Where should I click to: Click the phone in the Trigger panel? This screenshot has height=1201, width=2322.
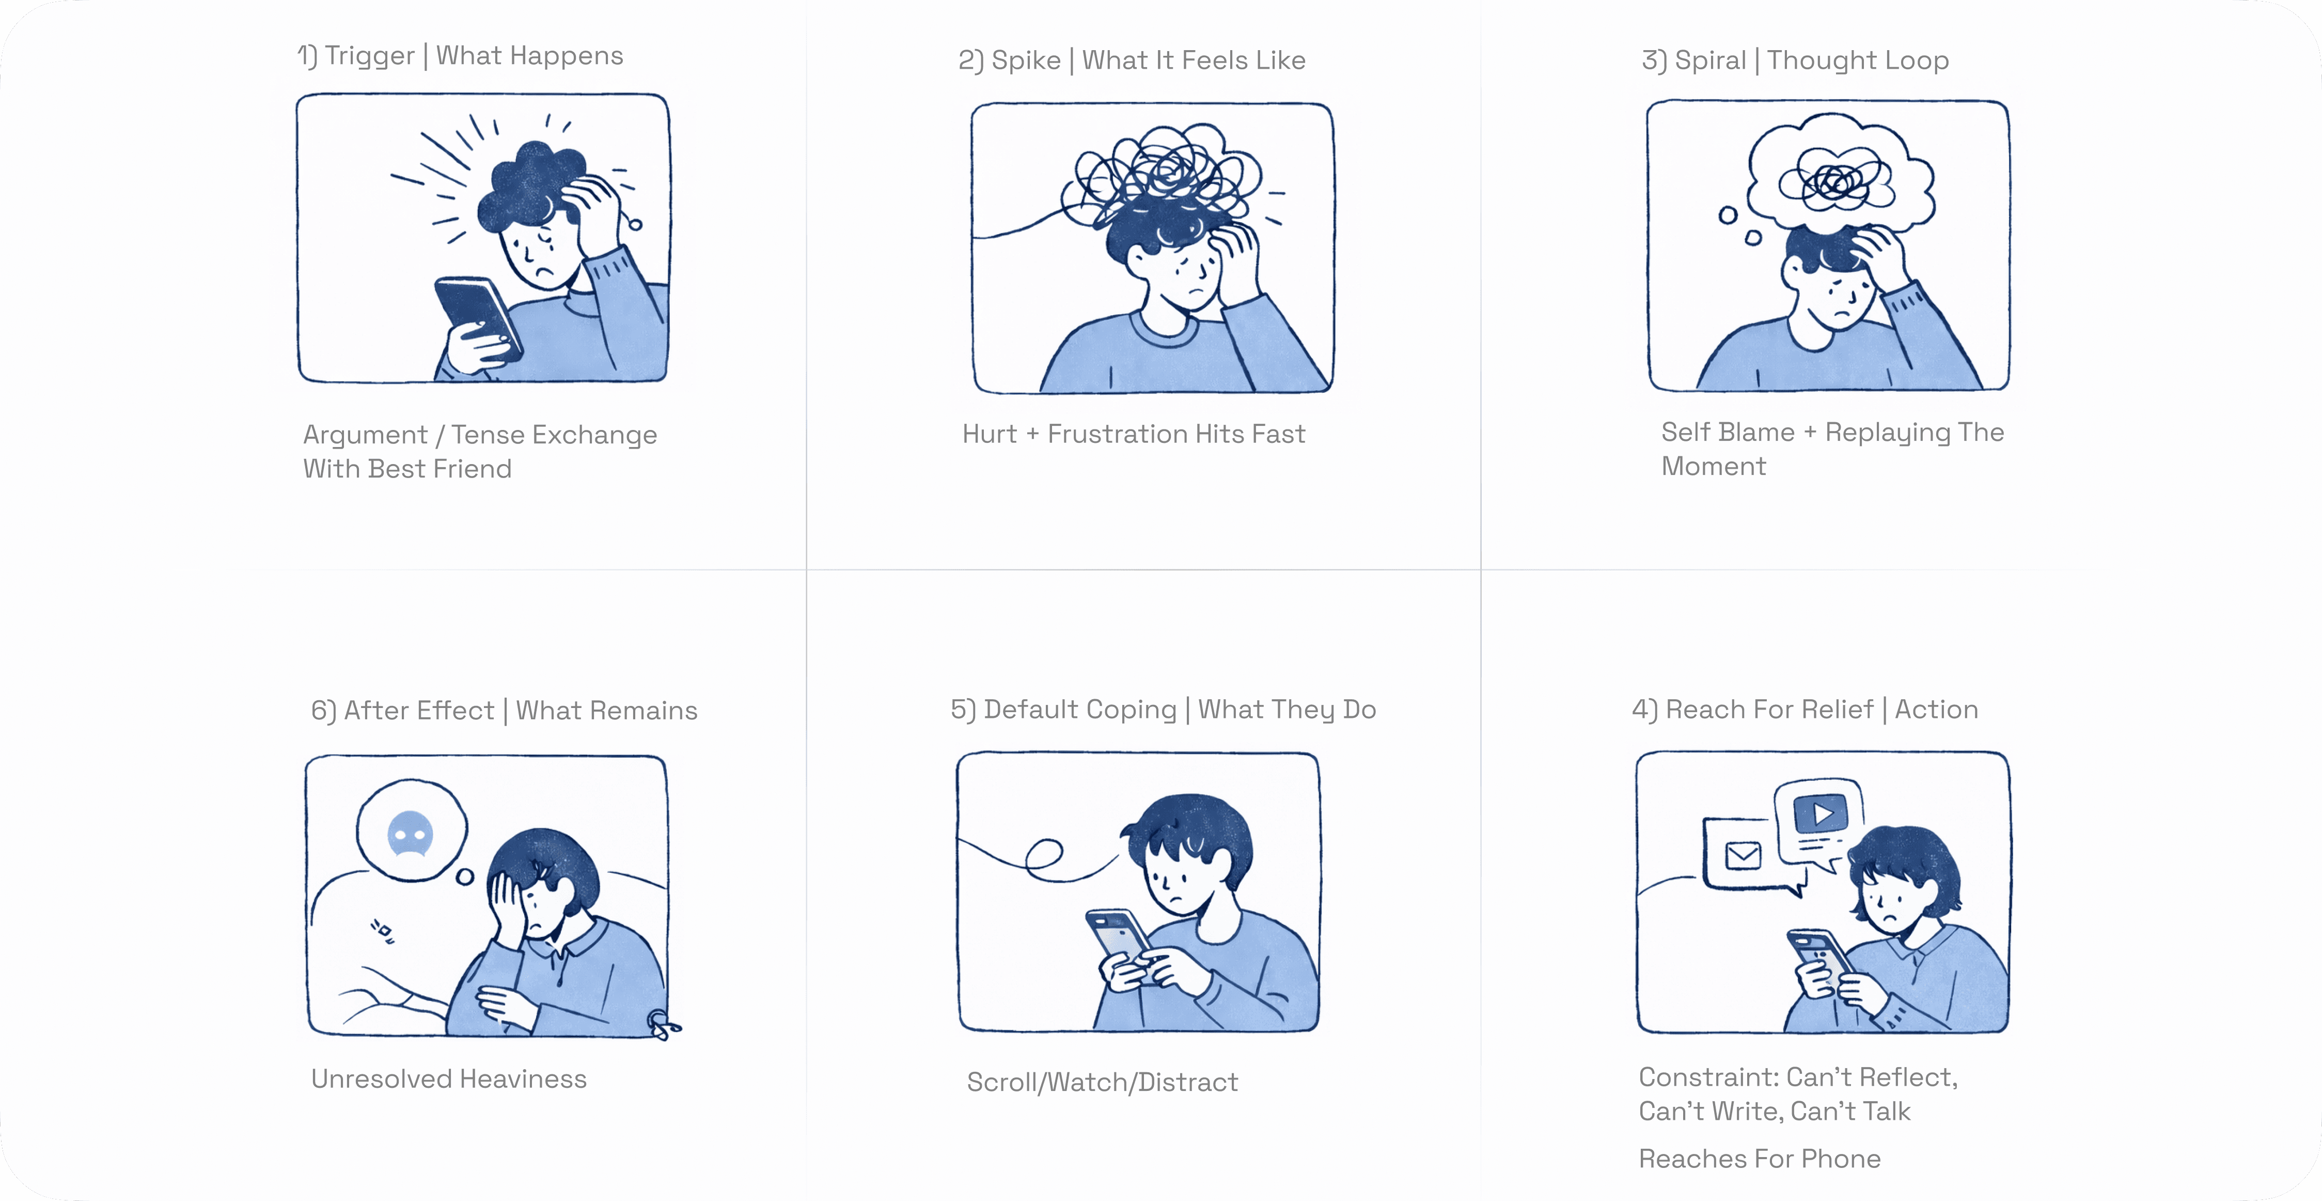(x=478, y=317)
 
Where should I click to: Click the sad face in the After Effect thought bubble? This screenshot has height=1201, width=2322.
(x=410, y=834)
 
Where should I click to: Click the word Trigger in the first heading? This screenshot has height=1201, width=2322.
(x=370, y=56)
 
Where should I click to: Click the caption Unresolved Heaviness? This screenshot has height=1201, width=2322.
(x=449, y=1079)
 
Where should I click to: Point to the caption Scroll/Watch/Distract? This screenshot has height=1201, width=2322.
(x=1103, y=1082)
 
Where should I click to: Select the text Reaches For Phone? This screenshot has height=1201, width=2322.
(x=1760, y=1159)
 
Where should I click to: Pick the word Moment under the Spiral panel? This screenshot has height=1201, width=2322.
(x=1714, y=466)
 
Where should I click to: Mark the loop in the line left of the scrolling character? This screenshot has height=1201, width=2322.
(x=1044, y=854)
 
